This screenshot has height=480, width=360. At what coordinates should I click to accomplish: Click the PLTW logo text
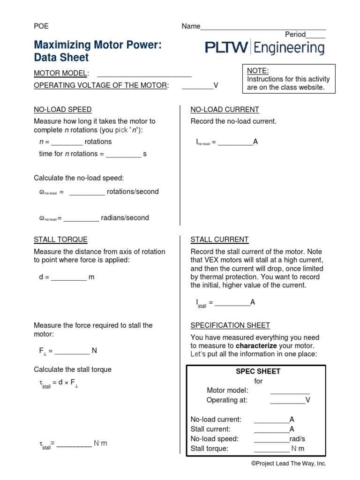coord(226,47)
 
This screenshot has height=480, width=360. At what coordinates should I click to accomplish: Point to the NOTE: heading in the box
coord(258,71)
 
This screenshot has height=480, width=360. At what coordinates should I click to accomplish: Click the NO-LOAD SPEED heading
coord(62,110)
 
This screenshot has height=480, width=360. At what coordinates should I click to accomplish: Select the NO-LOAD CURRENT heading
coord(225,110)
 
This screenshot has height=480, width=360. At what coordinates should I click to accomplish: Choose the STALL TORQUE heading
coord(60,240)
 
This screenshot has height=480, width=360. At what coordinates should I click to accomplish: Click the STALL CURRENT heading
coord(219,240)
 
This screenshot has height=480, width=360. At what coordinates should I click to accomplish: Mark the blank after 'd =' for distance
coord(69,278)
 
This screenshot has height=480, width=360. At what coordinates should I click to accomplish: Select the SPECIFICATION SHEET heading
coord(230,325)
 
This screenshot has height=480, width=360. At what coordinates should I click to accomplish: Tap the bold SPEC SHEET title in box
coord(258,371)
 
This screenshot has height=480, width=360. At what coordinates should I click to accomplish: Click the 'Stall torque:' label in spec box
coord(210,449)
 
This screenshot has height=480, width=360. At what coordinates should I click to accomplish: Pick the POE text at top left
coord(41,26)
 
